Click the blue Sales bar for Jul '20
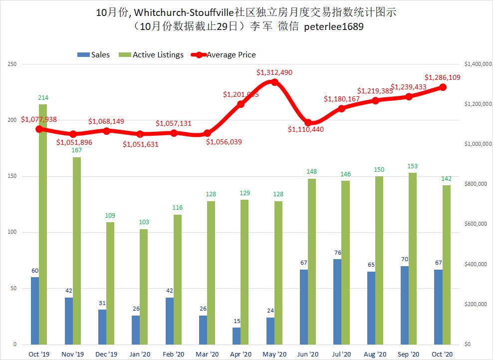click(x=337, y=302)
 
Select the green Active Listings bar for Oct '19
click(x=43, y=224)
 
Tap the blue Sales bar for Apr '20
click(x=237, y=336)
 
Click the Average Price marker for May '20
click(x=274, y=82)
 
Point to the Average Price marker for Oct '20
click(x=443, y=87)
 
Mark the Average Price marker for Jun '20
click(x=308, y=122)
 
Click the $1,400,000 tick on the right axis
click(x=475, y=64)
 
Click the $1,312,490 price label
click(x=274, y=72)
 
